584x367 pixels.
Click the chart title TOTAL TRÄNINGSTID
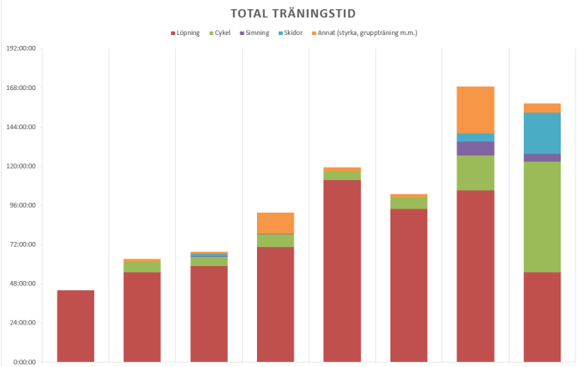tap(292, 13)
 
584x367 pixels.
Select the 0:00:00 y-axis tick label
tap(22, 362)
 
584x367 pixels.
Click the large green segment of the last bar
tap(541, 217)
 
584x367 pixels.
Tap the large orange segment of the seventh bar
tap(475, 109)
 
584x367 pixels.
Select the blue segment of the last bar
tap(541, 133)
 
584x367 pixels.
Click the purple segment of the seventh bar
tap(475, 148)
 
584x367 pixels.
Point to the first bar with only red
tap(75, 326)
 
